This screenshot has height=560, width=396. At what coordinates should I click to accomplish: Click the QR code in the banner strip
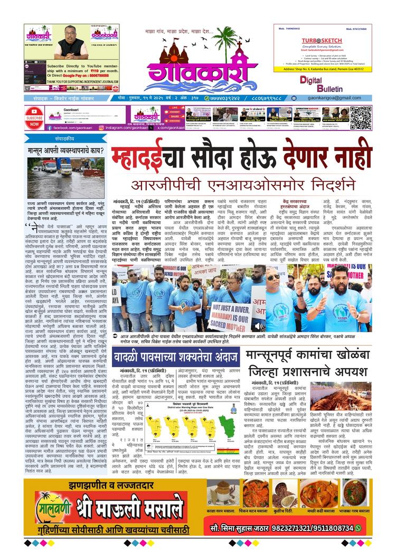361,117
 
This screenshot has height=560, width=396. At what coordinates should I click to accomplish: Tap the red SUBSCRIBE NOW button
34,118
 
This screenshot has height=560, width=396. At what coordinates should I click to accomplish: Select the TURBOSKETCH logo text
322,41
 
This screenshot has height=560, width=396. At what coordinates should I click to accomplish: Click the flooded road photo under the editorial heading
58,178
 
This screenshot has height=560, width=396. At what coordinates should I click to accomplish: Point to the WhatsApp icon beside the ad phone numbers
359,528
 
